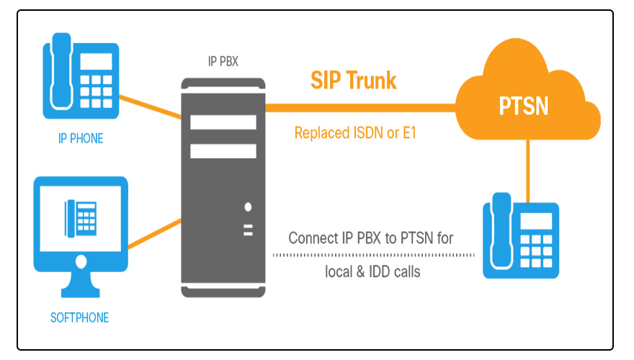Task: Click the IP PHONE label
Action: click(x=81, y=138)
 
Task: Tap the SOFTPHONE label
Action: click(x=80, y=317)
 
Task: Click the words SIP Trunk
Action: click(x=353, y=80)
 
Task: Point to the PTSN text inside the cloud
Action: click(x=524, y=106)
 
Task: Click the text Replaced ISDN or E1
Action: click(x=357, y=133)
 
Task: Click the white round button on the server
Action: click(x=248, y=207)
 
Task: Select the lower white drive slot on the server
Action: click(x=223, y=150)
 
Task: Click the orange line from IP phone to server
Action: click(x=150, y=105)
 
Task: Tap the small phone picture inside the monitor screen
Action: click(x=80, y=216)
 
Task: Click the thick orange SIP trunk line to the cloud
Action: click(x=360, y=107)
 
